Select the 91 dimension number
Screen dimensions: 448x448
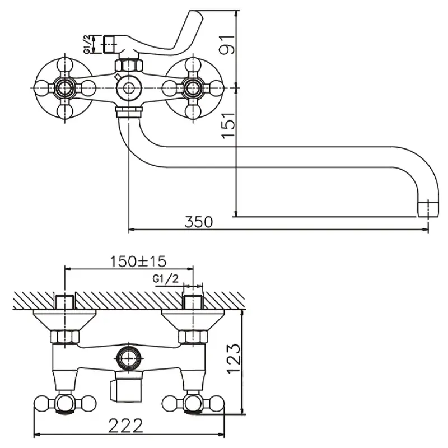pos(226,45)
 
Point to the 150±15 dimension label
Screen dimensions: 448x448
pos(138,261)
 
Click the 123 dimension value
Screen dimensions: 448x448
pos(235,358)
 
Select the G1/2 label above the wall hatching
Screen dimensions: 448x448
pos(166,279)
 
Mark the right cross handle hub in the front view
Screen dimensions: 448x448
pos(193,87)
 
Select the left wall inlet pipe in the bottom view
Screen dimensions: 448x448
pos(66,301)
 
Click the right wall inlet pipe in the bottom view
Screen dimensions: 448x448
pos(193,301)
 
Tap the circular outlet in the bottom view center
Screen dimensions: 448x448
pos(129,356)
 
